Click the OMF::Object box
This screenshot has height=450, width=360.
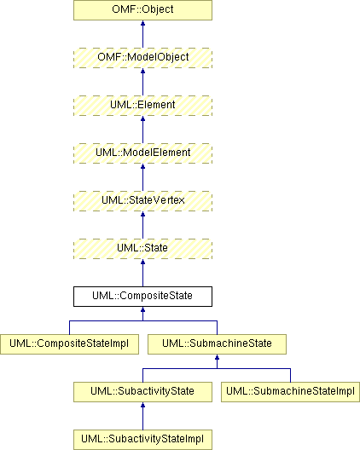[142, 10]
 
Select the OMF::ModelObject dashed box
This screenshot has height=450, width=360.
[142, 58]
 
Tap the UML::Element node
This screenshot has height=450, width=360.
[142, 106]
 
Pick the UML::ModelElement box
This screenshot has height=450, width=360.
[142, 153]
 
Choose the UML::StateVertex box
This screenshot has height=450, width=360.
[142, 201]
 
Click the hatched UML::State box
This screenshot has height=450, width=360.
[142, 249]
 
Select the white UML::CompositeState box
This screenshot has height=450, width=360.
[142, 297]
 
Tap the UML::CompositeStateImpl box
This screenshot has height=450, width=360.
[70, 344]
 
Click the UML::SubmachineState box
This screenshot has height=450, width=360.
[217, 344]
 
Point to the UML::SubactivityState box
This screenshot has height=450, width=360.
[142, 392]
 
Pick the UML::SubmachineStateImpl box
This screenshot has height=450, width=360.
[290, 392]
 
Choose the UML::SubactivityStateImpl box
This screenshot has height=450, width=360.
[142, 440]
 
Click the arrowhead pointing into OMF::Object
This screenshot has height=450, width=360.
[142, 23]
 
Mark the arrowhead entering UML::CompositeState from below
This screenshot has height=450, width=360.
[142, 309]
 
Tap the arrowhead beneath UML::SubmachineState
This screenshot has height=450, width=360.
[217, 357]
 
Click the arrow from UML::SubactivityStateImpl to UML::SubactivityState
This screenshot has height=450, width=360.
[142, 416]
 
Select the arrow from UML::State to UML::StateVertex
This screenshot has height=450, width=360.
[142, 225]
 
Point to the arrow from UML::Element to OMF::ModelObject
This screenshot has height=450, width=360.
[142, 82]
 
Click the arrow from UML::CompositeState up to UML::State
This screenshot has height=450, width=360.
[142, 273]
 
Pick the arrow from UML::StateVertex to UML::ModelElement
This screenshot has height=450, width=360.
[142, 177]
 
